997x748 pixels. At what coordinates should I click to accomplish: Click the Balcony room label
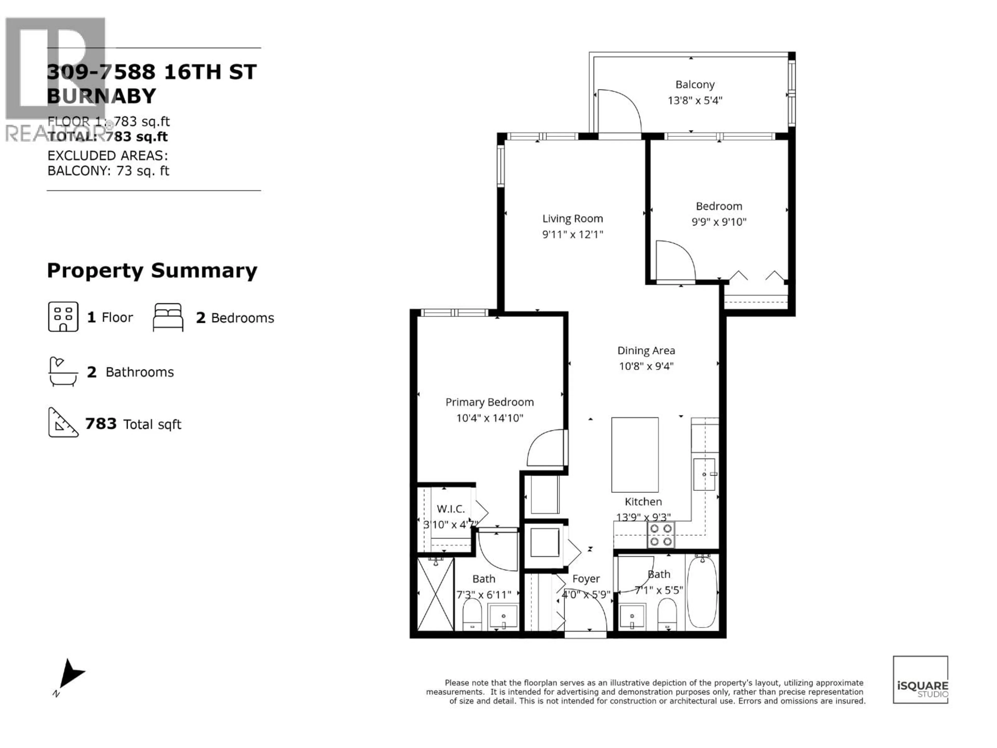tap(695, 85)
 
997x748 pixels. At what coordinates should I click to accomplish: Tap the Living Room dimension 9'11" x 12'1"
tap(572, 235)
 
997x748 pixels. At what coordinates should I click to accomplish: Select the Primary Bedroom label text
tap(489, 402)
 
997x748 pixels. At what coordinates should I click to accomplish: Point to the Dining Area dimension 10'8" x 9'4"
tap(646, 366)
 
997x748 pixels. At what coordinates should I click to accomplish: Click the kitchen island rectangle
tap(635, 455)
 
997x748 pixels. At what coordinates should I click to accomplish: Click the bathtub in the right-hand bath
tap(702, 592)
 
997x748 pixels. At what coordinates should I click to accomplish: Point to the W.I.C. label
tap(450, 509)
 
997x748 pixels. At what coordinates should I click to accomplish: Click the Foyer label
tap(586, 579)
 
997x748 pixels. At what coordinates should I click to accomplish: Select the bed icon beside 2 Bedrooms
tap(168, 317)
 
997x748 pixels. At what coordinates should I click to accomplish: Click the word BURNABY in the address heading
tap(102, 96)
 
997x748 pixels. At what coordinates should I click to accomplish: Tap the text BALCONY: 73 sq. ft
tap(108, 171)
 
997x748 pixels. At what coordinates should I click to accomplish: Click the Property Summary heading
tap(152, 271)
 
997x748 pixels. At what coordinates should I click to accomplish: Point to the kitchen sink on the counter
tap(704, 474)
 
